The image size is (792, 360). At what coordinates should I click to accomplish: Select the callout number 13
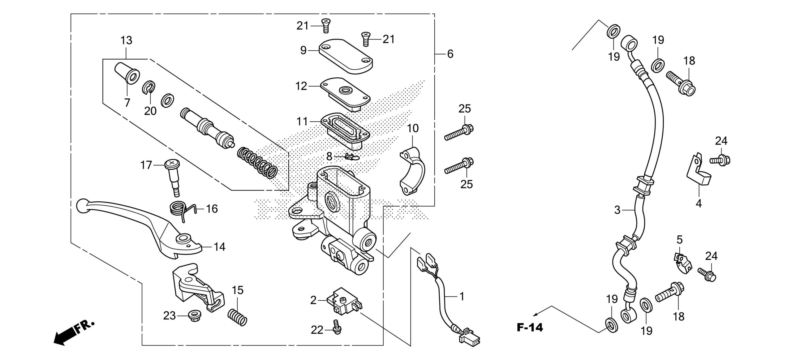[x=126, y=40]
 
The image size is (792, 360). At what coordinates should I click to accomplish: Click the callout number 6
[x=450, y=54]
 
